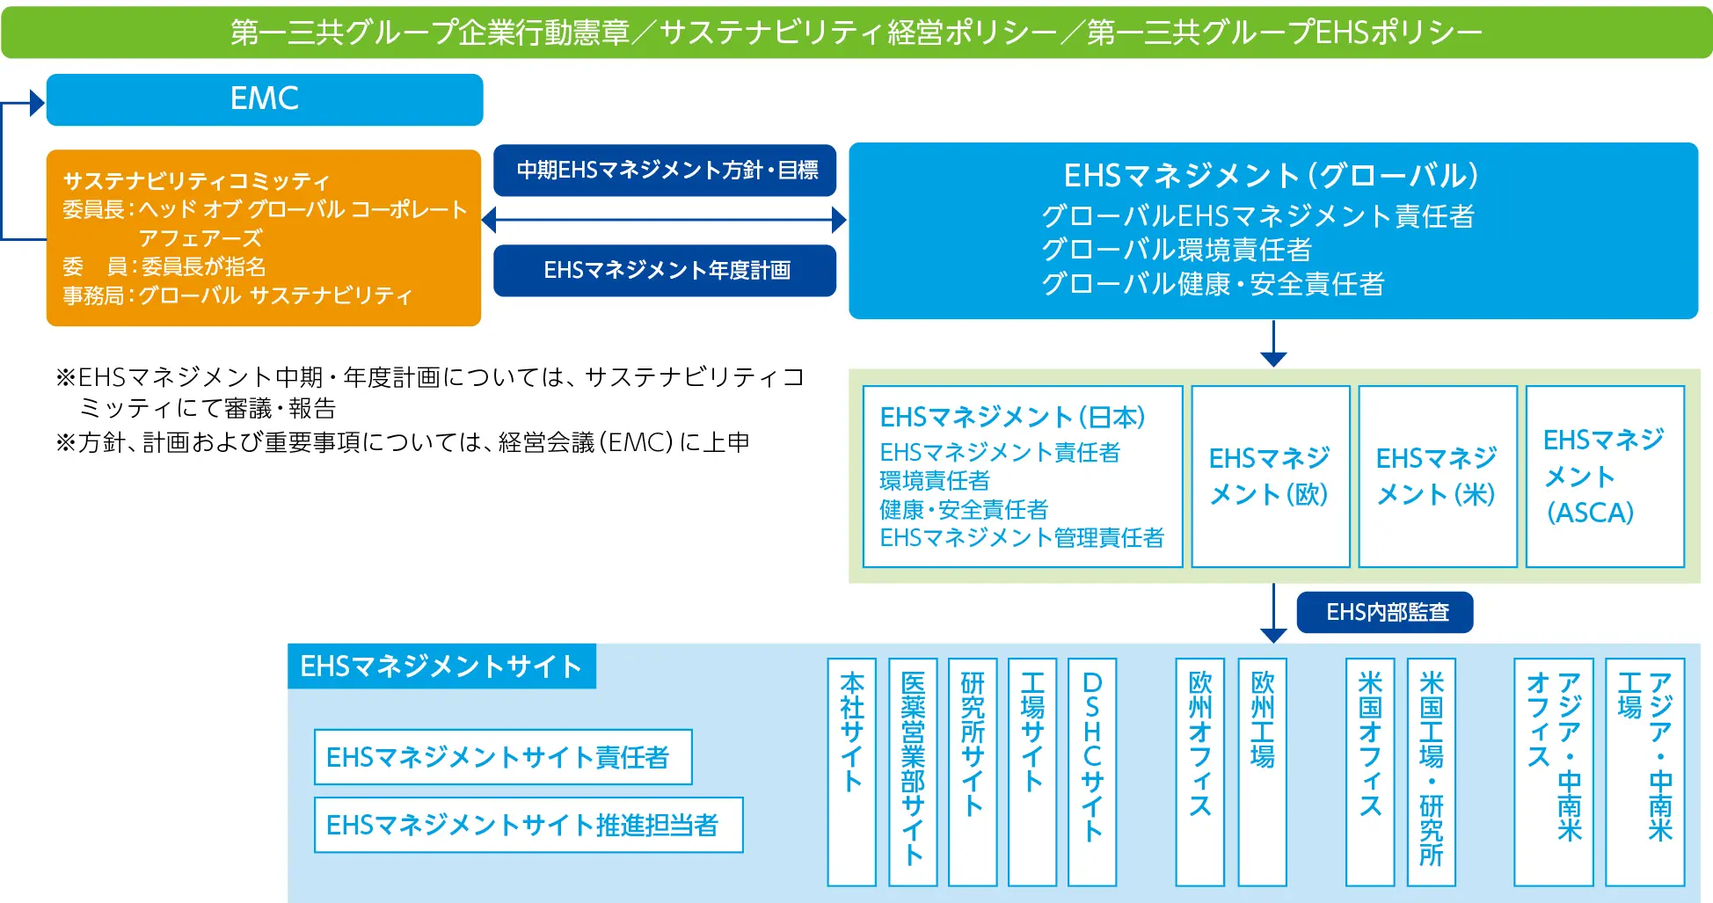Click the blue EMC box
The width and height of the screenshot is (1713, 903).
(x=264, y=99)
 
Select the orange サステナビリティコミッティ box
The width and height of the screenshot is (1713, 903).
(x=263, y=237)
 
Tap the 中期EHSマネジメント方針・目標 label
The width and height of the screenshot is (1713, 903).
(x=665, y=170)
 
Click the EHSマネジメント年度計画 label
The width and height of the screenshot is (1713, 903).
(x=665, y=270)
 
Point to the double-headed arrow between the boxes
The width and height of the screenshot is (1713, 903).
(x=665, y=220)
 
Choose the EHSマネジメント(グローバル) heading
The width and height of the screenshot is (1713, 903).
(x=1272, y=176)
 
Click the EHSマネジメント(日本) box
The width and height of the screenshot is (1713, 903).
(x=1022, y=477)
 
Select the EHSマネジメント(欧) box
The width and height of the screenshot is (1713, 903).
(x=1270, y=477)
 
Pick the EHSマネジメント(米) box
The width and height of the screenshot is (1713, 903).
(x=1437, y=477)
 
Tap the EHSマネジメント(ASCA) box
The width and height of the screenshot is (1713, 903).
(x=1604, y=477)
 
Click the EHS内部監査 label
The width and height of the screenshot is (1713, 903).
(x=1385, y=612)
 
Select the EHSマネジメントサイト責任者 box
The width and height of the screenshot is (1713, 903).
(x=503, y=757)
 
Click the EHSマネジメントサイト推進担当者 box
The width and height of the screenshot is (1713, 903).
(x=528, y=825)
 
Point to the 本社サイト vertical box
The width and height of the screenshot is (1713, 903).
(x=851, y=771)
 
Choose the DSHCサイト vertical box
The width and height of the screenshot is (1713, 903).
(x=1091, y=771)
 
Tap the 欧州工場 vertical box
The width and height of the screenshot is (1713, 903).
(x=1262, y=771)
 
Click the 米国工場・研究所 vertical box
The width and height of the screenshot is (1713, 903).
(x=1431, y=771)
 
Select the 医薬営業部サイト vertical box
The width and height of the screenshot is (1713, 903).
(x=913, y=771)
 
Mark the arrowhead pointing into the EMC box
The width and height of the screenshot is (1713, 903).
(x=37, y=103)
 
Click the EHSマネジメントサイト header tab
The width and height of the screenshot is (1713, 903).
(x=441, y=666)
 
